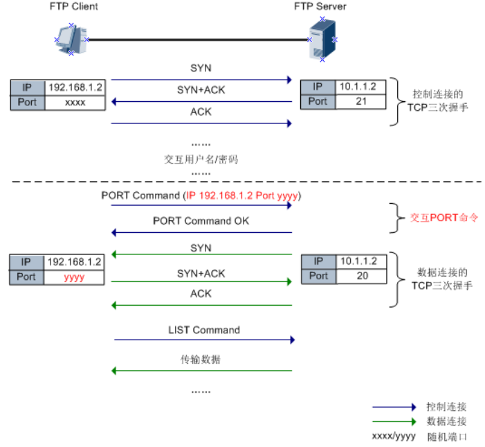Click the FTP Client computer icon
click(71, 38)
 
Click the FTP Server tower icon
click(322, 40)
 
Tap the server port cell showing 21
click(361, 101)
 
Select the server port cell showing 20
click(361, 276)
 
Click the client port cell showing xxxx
click(75, 103)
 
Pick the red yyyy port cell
click(74, 277)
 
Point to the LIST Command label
click(203, 330)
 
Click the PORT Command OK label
click(201, 222)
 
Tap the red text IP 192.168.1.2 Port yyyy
click(243, 195)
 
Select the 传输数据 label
click(201, 360)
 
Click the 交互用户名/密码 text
click(201, 159)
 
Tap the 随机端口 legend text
click(449, 437)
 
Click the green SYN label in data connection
click(201, 247)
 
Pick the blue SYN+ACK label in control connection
click(201, 89)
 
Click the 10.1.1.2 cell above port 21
click(361, 87)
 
